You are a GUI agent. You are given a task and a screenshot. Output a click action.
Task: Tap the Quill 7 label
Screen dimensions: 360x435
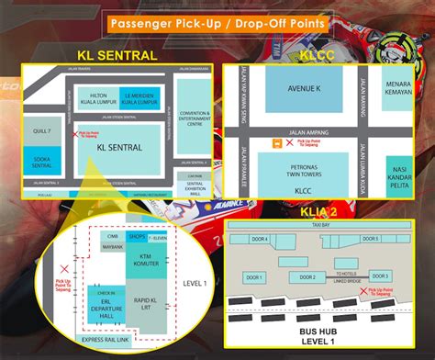point(42,129)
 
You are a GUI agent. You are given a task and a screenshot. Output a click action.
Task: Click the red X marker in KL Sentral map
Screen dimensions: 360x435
point(75,134)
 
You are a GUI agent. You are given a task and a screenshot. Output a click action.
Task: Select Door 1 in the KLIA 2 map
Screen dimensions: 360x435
point(255,276)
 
